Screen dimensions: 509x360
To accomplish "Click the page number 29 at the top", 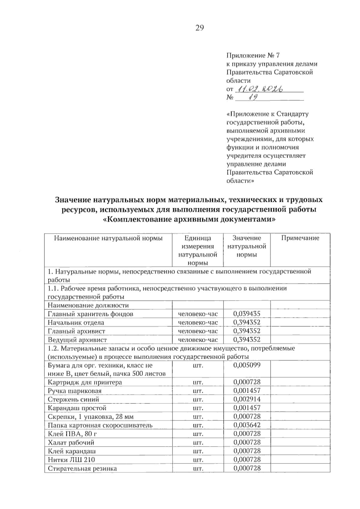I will point(199,28).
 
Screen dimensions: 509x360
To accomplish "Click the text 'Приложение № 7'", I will point(253,55).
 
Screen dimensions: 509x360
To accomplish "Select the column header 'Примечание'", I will point(300,238).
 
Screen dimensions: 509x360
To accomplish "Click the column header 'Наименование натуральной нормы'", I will point(108,238).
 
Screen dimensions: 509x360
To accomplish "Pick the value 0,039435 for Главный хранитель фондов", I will point(247,314).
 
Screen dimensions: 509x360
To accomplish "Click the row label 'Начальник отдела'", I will point(76,323).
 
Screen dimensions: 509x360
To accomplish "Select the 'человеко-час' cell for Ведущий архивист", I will point(198,340).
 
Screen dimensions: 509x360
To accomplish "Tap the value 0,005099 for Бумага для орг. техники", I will point(247,365).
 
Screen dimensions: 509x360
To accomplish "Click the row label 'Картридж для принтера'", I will point(85,382).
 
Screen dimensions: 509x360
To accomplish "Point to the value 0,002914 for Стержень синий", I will point(247,400).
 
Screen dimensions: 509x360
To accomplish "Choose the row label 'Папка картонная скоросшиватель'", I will point(100,425).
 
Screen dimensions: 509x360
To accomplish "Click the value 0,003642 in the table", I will point(247,425).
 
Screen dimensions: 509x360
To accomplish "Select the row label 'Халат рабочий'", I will point(71,443).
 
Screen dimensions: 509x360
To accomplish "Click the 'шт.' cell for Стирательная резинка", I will point(198,469).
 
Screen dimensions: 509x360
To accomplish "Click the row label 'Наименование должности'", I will point(88,306).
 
